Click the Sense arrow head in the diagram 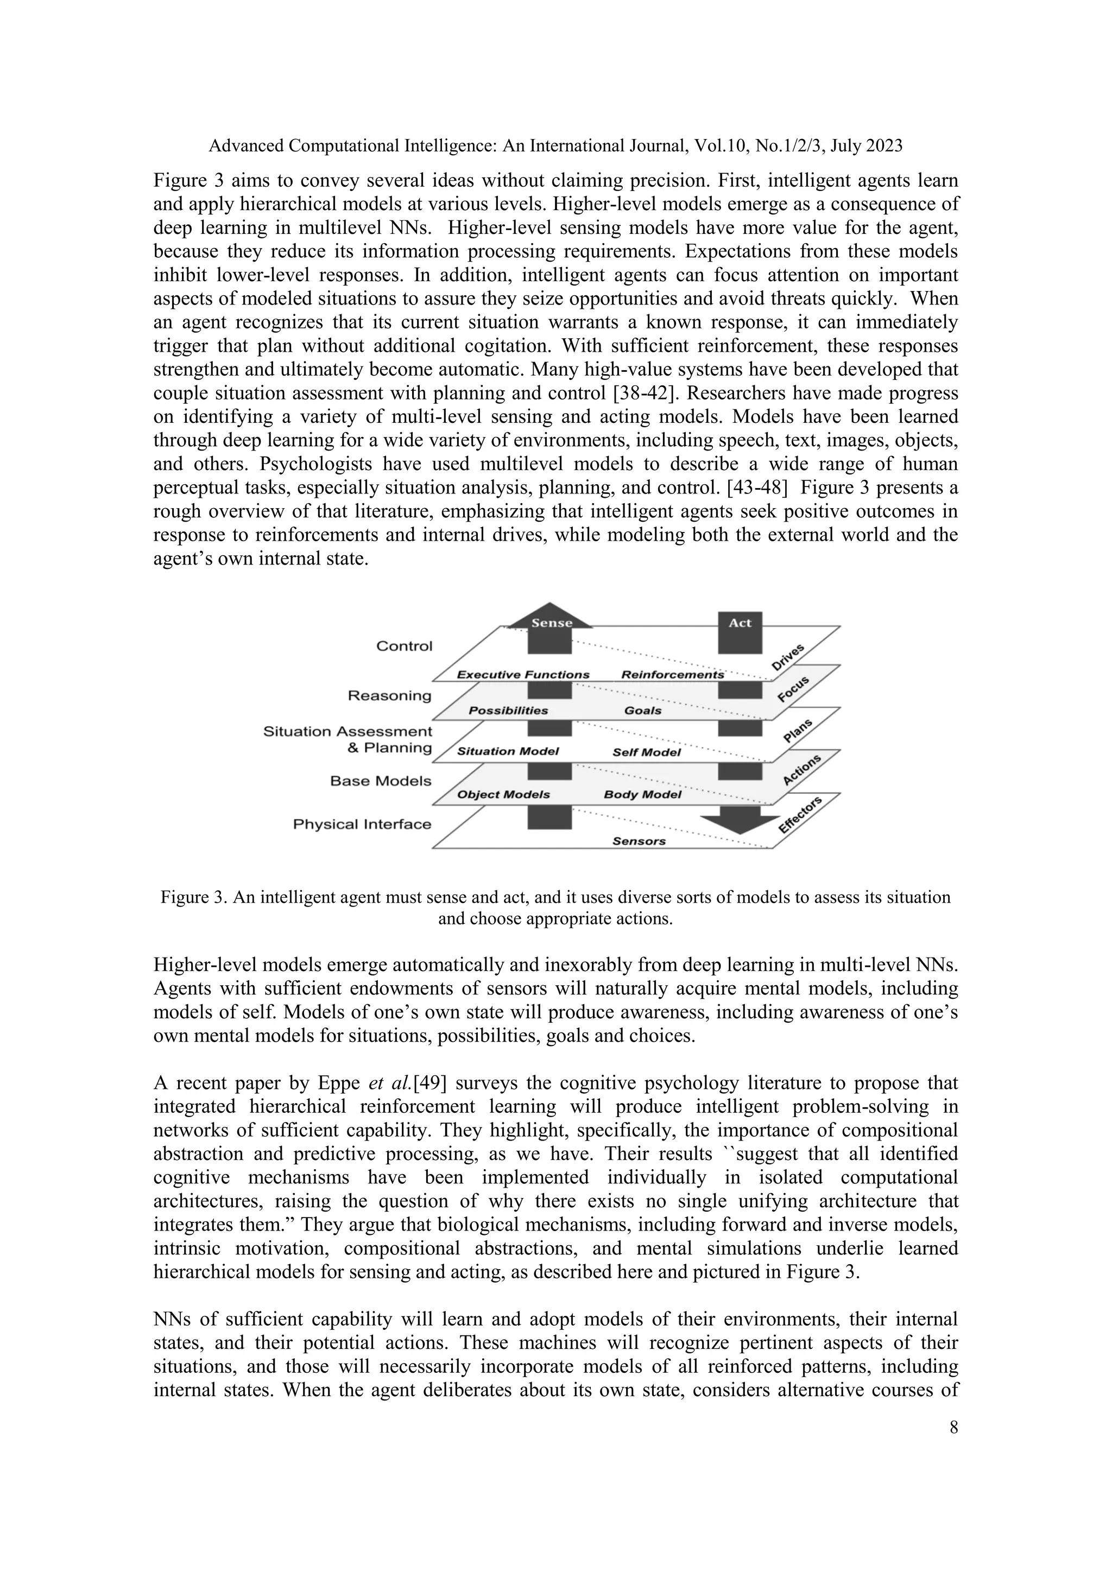[x=551, y=618]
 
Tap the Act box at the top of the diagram [x=740, y=631]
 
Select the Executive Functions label [x=523, y=674]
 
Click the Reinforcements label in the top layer [x=672, y=674]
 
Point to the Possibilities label [x=508, y=711]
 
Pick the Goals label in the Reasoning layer [x=642, y=711]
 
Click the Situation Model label [x=508, y=751]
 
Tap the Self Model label [x=646, y=752]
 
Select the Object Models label [x=503, y=794]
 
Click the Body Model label [x=642, y=794]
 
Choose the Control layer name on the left [x=404, y=645]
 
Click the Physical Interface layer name [x=362, y=823]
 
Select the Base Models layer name [x=380, y=781]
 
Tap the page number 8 [x=953, y=1428]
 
